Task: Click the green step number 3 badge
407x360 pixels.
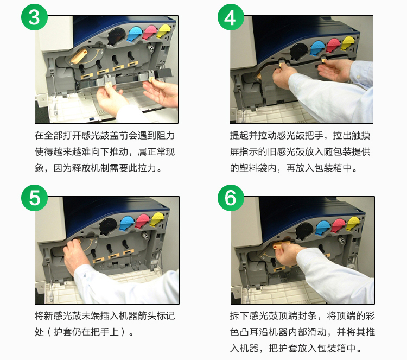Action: coord(34,17)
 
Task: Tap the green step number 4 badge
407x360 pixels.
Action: coord(231,17)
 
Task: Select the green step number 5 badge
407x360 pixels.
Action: coord(34,198)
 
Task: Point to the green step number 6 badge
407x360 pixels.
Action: coord(231,198)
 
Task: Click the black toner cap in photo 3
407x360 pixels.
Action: coord(117,36)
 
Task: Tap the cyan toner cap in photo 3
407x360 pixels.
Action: coord(135,34)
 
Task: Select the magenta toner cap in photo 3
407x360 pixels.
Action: coord(150,32)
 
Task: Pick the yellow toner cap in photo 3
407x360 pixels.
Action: coord(164,30)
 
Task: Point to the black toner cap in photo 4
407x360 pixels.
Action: coord(299,50)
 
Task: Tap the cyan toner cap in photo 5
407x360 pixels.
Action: coord(126,223)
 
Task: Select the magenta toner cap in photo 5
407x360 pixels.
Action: coord(143,221)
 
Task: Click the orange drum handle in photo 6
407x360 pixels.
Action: coord(281,245)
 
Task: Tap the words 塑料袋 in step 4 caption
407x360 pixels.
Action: coord(253,168)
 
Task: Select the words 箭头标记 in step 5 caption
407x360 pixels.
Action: coord(156,316)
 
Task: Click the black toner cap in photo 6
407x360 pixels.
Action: coord(305,230)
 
